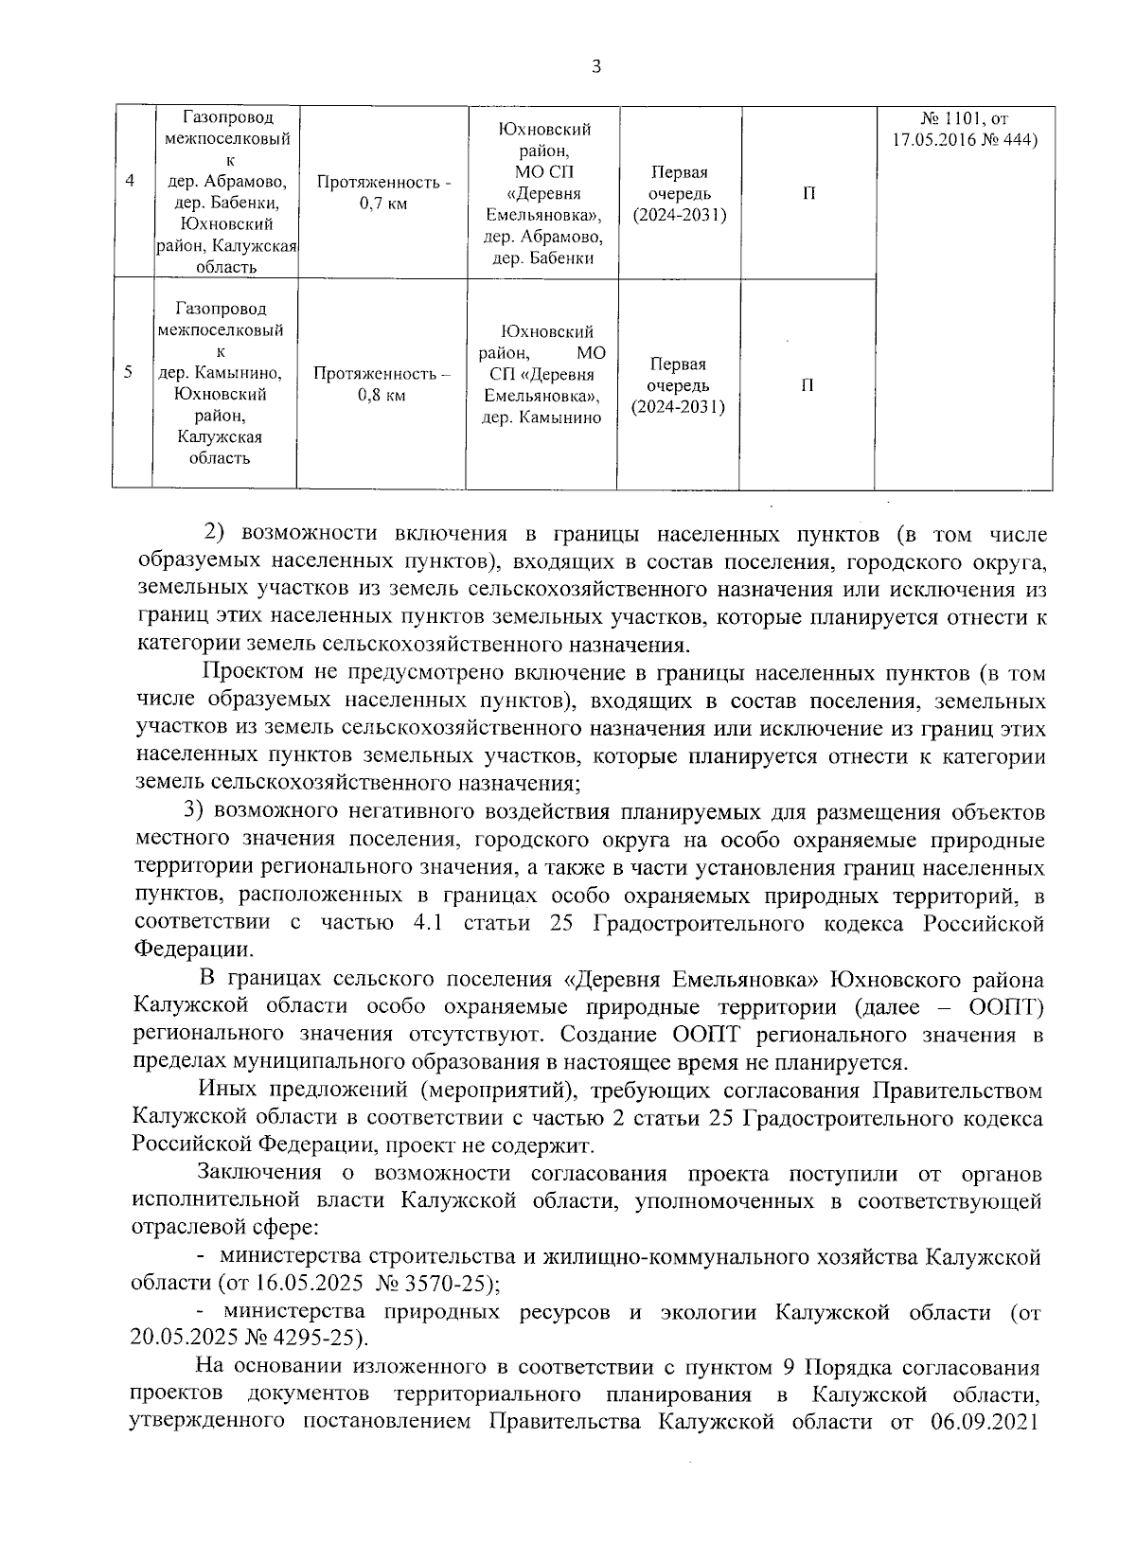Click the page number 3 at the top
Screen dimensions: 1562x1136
click(x=595, y=67)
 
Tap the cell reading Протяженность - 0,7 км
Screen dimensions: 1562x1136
click(x=383, y=193)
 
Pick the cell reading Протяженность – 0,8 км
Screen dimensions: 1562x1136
click(x=382, y=383)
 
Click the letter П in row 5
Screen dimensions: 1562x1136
click(x=808, y=385)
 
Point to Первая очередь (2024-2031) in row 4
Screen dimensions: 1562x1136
click(x=680, y=193)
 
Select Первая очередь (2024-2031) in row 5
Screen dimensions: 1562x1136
click(x=679, y=385)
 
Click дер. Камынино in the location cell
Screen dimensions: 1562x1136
click(x=542, y=417)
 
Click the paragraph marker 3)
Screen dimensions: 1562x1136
click(x=194, y=811)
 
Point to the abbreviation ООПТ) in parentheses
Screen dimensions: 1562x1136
click(x=1007, y=1006)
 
